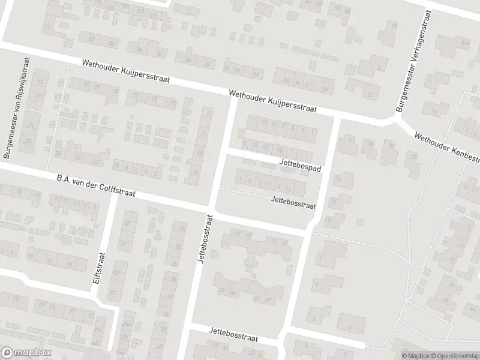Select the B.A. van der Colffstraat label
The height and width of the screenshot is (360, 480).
(95, 186)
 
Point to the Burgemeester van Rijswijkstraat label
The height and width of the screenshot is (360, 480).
(16, 109)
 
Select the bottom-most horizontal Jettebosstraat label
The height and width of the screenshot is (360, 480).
(233, 334)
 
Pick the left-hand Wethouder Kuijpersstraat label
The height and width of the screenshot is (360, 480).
(127, 71)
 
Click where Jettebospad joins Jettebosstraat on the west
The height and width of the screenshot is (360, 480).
(224, 152)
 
